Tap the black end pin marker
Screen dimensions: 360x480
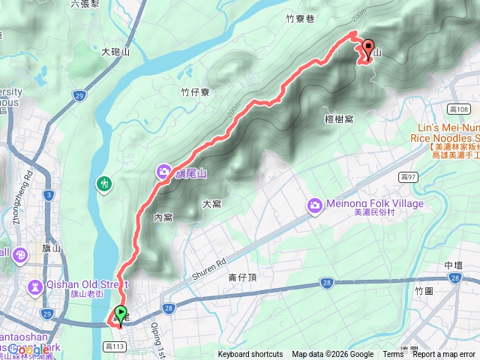pos(367,49)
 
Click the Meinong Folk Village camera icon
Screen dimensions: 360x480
pos(315,204)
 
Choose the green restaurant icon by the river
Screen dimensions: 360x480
pos(103,183)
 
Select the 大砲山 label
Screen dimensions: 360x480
pos(115,52)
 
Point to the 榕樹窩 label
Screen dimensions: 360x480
pos(339,118)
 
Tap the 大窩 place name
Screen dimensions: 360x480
pos(212,204)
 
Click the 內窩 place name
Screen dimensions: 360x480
pos(163,217)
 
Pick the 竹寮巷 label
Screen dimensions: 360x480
pos(299,20)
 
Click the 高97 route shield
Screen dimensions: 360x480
pos(408,177)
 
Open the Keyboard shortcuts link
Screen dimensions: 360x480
pos(250,355)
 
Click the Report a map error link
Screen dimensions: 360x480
pos(445,355)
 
